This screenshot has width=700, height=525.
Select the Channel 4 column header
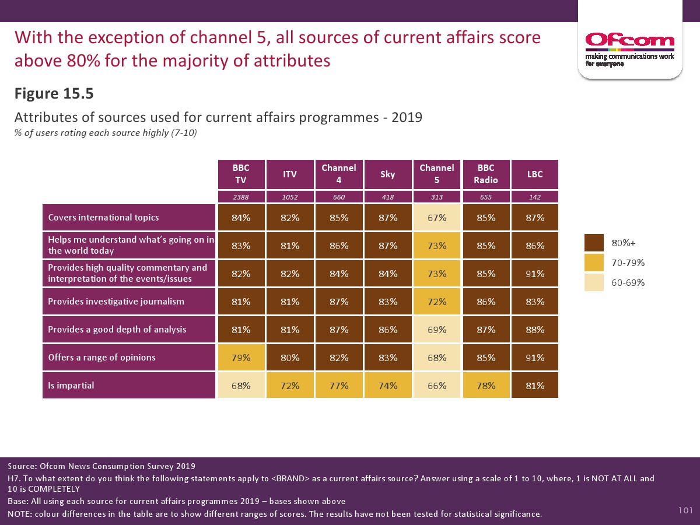pyautogui.click(x=339, y=174)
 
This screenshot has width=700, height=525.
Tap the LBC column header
pyautogui.click(x=534, y=174)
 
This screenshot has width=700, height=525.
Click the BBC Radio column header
pyautogui.click(x=486, y=174)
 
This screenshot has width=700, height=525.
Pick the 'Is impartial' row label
pyautogui.click(x=129, y=385)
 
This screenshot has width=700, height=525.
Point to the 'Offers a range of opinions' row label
pyautogui.click(x=129, y=357)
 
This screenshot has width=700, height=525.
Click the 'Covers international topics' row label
pyautogui.click(x=129, y=218)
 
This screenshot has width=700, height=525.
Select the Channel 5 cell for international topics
pyautogui.click(x=437, y=218)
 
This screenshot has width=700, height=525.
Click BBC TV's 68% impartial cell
pyautogui.click(x=241, y=385)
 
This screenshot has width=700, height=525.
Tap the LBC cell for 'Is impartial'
pyautogui.click(x=534, y=385)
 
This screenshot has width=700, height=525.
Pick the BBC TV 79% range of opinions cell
pyautogui.click(x=241, y=357)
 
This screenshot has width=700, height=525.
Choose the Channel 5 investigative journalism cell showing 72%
pyautogui.click(x=437, y=302)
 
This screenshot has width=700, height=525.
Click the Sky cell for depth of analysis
pyautogui.click(x=388, y=330)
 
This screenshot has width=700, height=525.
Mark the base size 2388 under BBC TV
pyautogui.click(x=241, y=197)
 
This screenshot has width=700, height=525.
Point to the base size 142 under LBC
pyautogui.click(x=534, y=197)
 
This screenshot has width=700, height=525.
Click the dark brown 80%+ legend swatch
pyautogui.click(x=594, y=243)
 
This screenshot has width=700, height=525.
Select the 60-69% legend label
pyautogui.click(x=628, y=283)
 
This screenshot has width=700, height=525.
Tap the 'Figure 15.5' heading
pyautogui.click(x=54, y=94)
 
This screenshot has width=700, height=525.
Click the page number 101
pyautogui.click(x=685, y=511)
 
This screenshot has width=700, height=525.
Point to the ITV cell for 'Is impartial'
pyautogui.click(x=290, y=385)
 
